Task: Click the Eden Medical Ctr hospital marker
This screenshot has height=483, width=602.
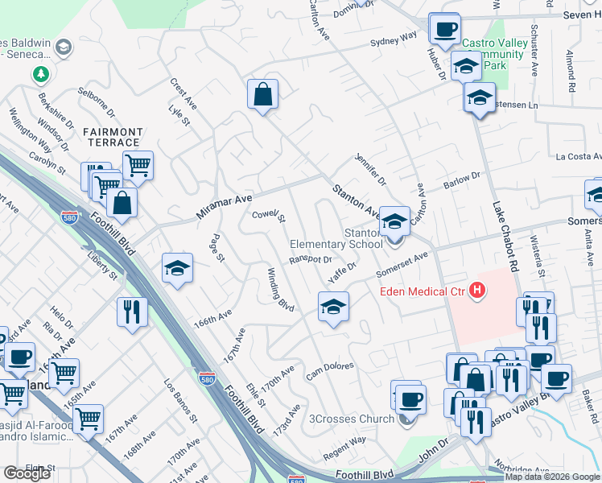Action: [x=478, y=291]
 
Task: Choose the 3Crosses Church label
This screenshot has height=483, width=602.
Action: [x=352, y=419]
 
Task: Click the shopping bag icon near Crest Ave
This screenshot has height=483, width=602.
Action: [x=262, y=94]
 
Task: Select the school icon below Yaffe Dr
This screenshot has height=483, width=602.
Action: [x=333, y=307]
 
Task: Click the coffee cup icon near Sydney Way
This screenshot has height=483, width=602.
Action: [x=444, y=30]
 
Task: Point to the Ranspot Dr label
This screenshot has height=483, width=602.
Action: [x=311, y=260]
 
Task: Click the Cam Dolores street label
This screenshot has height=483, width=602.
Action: [x=330, y=371]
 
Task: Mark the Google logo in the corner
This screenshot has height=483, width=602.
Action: [x=27, y=473]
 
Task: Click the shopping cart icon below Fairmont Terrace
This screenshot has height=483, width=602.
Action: [x=138, y=166]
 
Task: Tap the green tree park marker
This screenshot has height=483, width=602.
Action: [x=40, y=74]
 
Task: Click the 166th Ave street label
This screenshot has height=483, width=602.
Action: [x=212, y=320]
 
